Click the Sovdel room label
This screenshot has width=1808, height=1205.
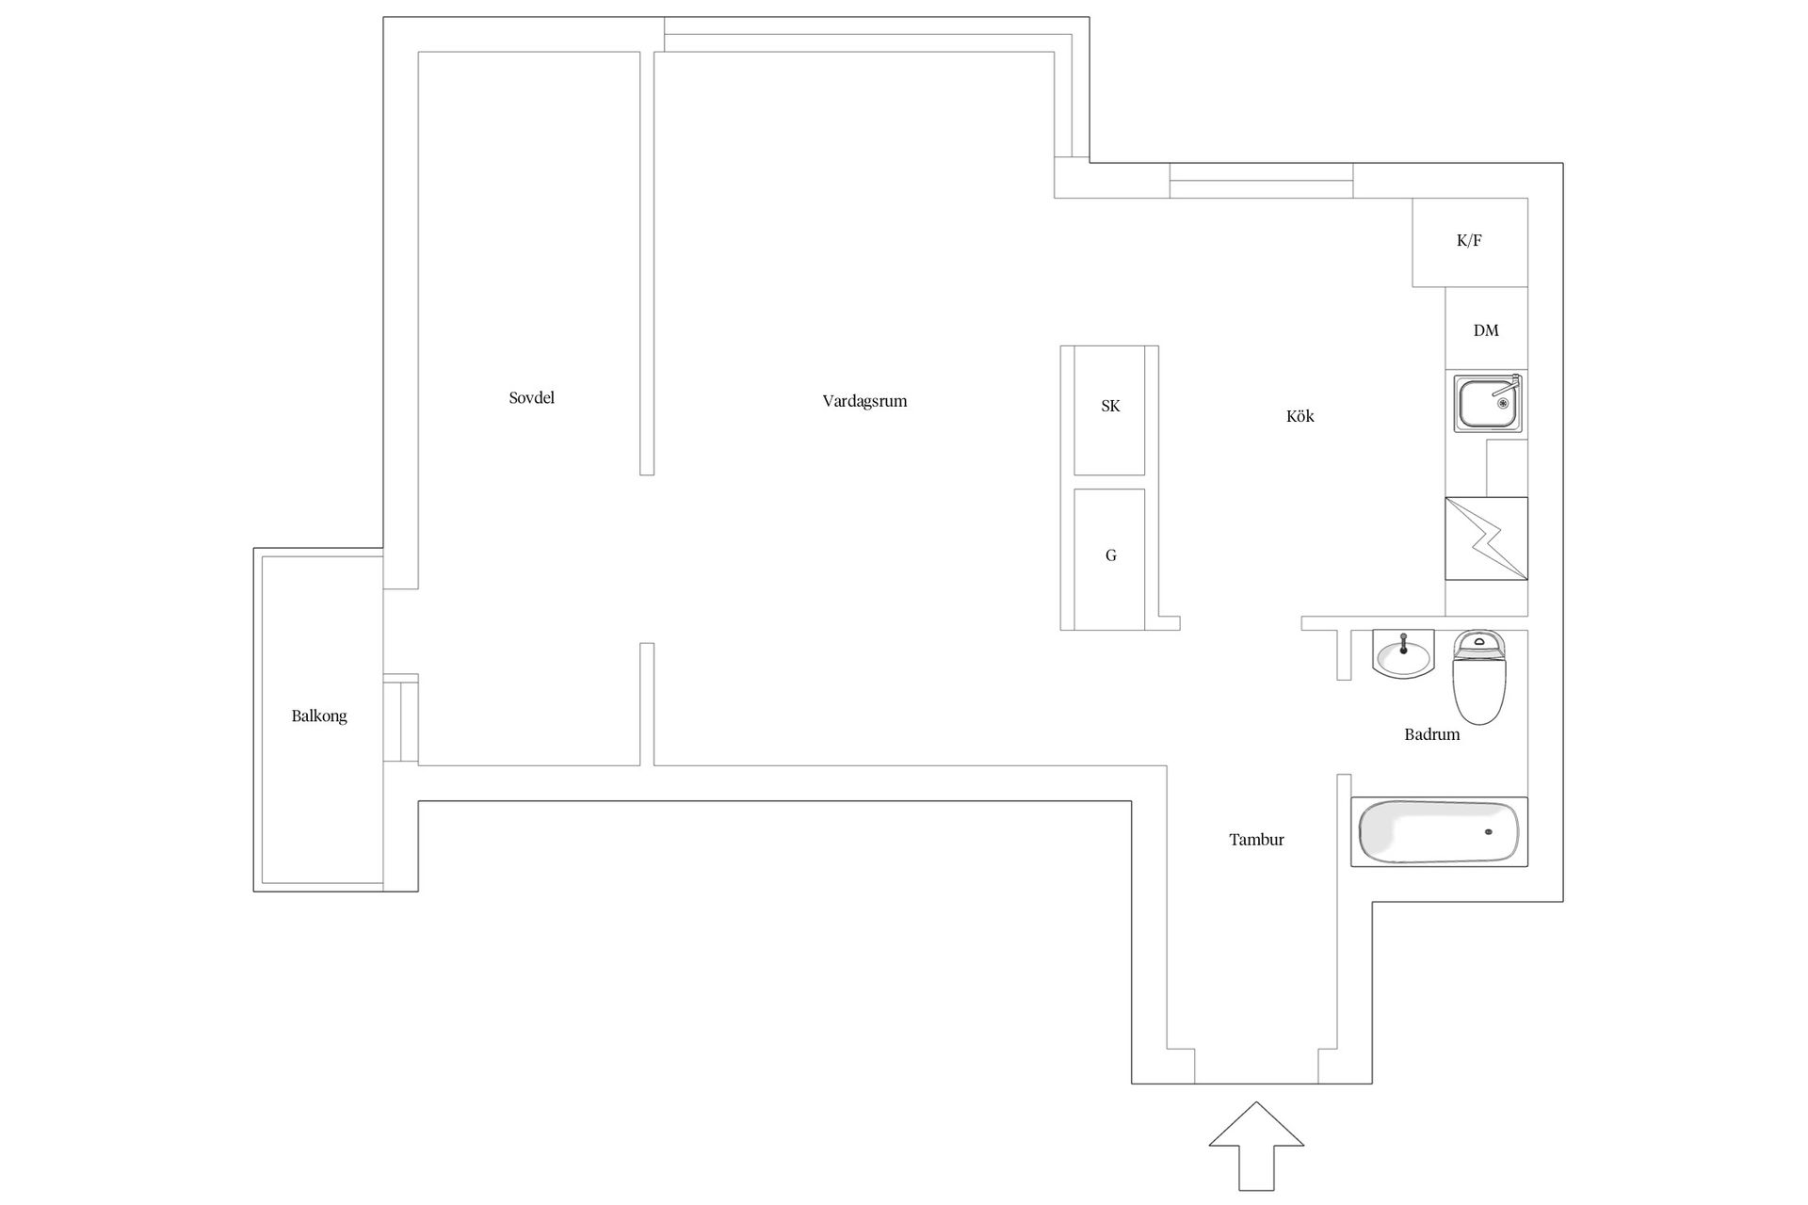[x=531, y=398]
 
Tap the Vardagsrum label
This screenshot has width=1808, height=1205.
[x=864, y=401]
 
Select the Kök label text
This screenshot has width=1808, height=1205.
[x=1299, y=416]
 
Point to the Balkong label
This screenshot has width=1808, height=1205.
[x=319, y=716]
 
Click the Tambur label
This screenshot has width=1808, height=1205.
[x=1256, y=840]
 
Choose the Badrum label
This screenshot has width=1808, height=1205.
[x=1431, y=734]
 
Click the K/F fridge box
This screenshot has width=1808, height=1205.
[x=1470, y=242]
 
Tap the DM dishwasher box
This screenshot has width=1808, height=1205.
[x=1487, y=329]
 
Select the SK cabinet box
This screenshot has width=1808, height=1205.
[x=1110, y=410]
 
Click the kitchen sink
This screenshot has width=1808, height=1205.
[x=1488, y=403]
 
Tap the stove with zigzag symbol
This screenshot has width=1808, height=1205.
[x=1487, y=538]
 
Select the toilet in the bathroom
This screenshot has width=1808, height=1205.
[x=1479, y=678]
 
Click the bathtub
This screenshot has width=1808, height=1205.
[x=1440, y=832]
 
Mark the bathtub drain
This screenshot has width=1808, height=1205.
[x=1489, y=832]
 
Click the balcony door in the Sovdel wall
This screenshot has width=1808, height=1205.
[x=401, y=717]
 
